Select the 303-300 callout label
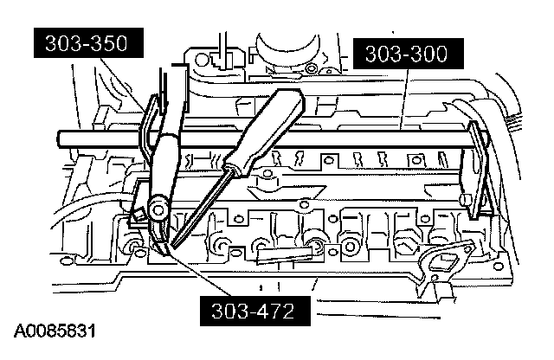coord(405,55)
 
